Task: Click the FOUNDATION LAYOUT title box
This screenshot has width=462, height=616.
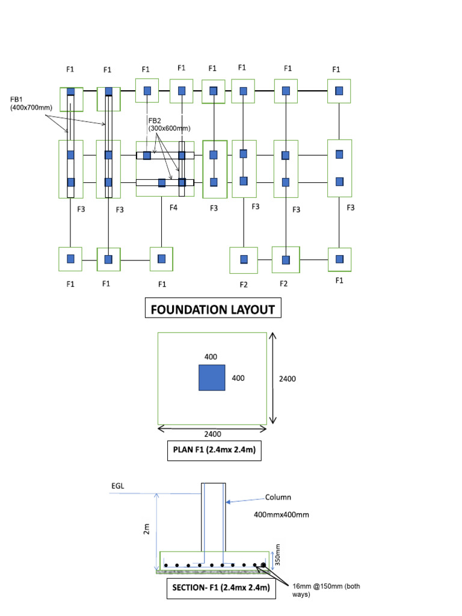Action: point(213,307)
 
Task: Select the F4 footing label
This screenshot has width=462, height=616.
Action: point(173,208)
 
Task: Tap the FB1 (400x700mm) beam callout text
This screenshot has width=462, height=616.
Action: point(31,103)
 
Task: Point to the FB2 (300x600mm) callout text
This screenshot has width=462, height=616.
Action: point(169,125)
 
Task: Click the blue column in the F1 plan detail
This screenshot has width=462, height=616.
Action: point(212,378)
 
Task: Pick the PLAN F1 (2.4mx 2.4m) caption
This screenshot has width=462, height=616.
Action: point(214,450)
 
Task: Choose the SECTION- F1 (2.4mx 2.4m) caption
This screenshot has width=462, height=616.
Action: point(221,588)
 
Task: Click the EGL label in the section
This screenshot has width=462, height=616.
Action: point(118,486)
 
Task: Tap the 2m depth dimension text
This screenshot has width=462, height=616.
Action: point(147,529)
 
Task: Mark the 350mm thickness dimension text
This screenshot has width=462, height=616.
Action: point(277,555)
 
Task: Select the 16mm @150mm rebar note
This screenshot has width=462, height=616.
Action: point(326,590)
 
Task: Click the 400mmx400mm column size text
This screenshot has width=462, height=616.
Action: point(282,515)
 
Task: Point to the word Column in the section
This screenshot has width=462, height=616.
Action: point(278,497)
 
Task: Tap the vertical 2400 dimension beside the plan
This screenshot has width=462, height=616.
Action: point(287,379)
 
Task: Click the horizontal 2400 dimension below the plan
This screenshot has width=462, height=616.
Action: point(212,434)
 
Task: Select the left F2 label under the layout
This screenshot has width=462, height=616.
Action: point(244,285)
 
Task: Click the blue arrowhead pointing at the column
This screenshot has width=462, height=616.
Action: point(228,502)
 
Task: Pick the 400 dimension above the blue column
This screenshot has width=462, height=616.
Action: point(211,357)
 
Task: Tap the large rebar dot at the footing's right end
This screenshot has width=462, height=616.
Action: point(263,565)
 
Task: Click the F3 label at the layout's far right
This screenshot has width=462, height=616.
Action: point(351,208)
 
